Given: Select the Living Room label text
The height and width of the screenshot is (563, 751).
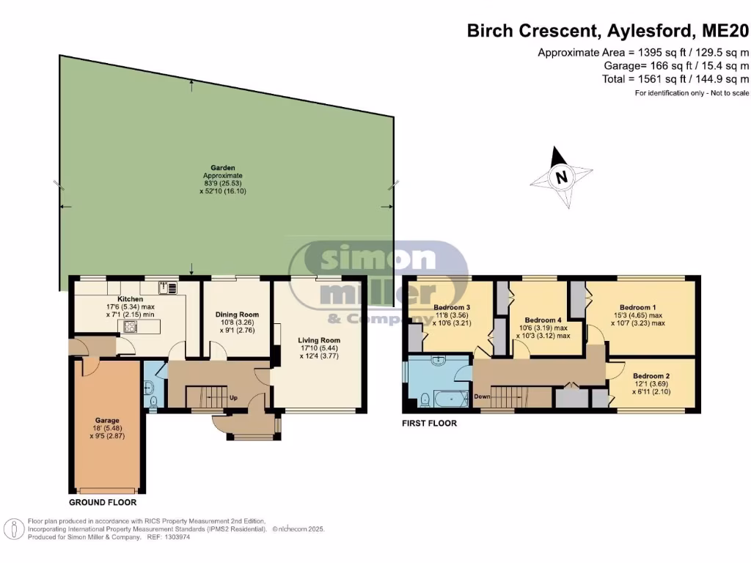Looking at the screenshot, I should pyautogui.click(x=319, y=340).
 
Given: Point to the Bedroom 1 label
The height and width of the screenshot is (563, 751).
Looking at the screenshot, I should pyautogui.click(x=638, y=307).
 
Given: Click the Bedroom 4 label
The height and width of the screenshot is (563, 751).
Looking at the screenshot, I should pyautogui.click(x=543, y=320).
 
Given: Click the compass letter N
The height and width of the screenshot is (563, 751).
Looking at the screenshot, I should pyautogui.click(x=561, y=177).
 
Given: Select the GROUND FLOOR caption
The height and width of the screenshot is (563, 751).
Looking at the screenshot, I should pyautogui.click(x=102, y=503).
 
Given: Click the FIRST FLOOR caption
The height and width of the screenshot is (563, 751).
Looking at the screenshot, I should pyautogui.click(x=430, y=423).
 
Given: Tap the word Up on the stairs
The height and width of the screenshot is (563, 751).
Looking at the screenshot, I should pyautogui.click(x=234, y=398).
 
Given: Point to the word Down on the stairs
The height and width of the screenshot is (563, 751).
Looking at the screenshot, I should pyautogui.click(x=482, y=397).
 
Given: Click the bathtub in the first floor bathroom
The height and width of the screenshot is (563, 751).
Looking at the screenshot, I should pyautogui.click(x=448, y=400).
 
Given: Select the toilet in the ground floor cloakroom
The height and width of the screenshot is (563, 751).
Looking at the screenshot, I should pyautogui.click(x=152, y=401).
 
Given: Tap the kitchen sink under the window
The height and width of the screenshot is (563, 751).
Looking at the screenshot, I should pyautogui.click(x=166, y=288).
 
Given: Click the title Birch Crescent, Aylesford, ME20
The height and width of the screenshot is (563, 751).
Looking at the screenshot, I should pyautogui.click(x=608, y=31).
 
